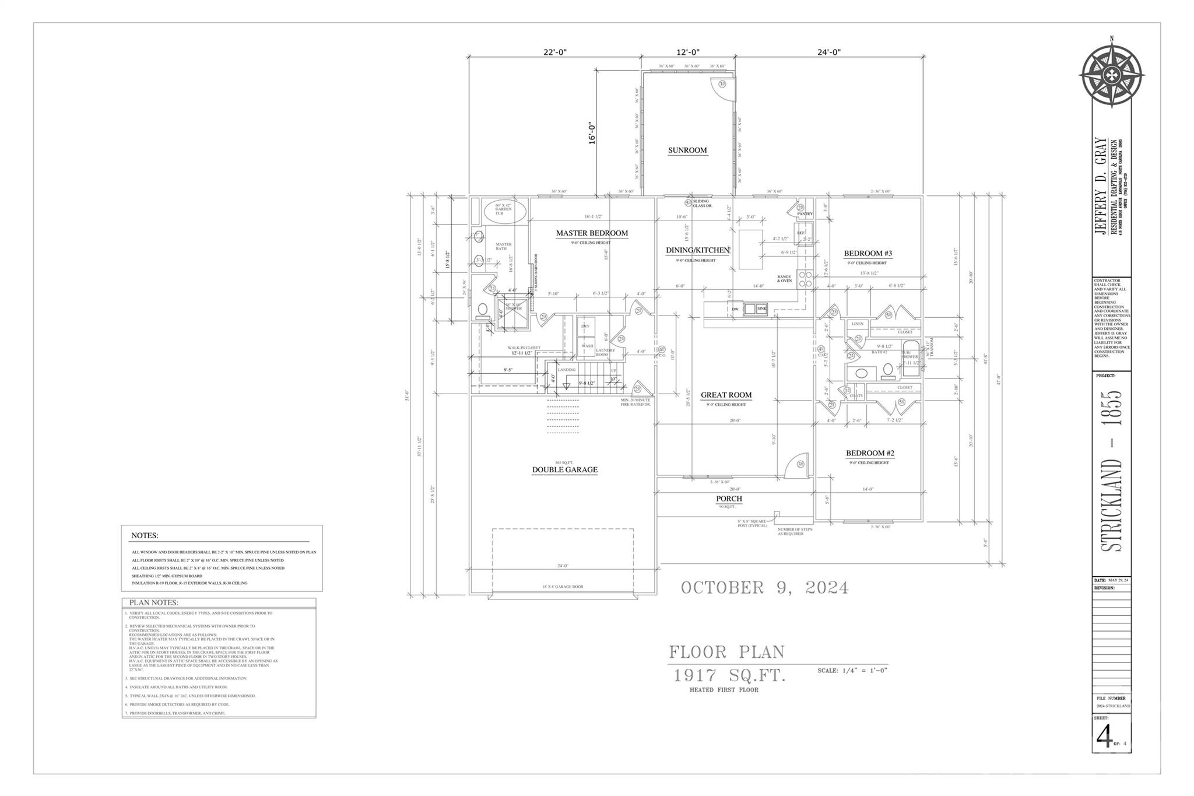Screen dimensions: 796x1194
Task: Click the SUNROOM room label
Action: [687, 150]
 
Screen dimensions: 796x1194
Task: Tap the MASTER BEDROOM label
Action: [592, 233]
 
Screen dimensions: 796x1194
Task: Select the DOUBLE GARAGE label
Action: [564, 470]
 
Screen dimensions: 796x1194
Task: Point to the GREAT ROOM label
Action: [726, 395]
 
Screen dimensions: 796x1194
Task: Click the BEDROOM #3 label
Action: [868, 254]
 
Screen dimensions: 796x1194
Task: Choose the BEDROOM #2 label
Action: [870, 454]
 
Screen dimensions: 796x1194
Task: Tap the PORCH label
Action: [729, 499]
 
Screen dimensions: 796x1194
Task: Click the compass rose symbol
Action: [1111, 75]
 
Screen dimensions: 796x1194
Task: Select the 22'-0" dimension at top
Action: [554, 52]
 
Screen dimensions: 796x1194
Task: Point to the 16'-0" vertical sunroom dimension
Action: [592, 133]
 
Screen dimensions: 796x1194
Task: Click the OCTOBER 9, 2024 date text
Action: [764, 588]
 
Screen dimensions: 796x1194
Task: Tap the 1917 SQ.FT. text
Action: [730, 676]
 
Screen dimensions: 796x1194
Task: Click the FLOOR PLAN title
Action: [726, 651]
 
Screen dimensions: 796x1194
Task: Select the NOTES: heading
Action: [145, 535]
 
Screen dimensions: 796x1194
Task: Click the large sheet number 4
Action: [1104, 737]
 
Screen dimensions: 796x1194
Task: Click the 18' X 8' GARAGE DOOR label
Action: [563, 587]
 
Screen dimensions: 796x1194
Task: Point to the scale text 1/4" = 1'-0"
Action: [852, 671]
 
